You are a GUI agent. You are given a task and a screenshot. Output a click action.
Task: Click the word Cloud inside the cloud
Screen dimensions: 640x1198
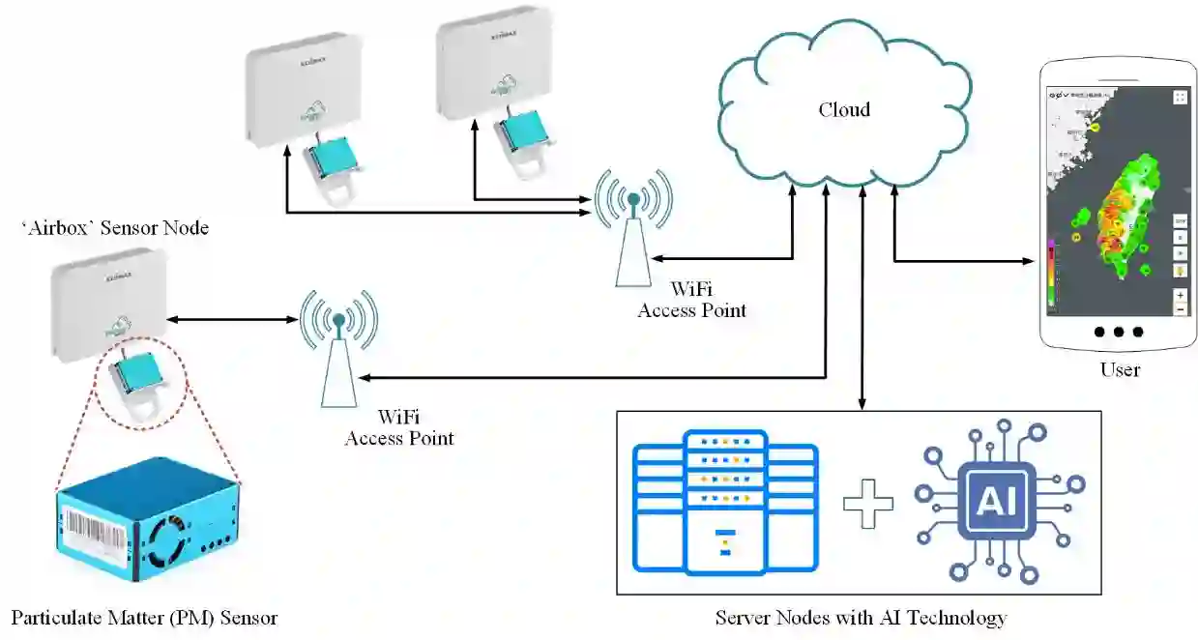[843, 110]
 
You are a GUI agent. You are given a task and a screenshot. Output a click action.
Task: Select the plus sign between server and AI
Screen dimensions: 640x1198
[866, 503]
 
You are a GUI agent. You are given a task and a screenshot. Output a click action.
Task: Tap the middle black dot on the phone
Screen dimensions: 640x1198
[1119, 332]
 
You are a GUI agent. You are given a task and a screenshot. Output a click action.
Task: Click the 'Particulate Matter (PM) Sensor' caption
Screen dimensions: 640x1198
[144, 618]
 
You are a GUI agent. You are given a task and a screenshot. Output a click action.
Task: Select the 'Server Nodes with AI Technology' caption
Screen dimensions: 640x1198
[861, 618]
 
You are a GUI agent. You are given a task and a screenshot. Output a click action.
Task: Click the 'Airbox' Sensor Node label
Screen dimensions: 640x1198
[115, 228]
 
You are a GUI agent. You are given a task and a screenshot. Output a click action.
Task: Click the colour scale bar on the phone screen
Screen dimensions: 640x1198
[1050, 272]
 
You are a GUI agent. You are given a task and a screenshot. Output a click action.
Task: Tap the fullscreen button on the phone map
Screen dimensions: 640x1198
[1180, 97]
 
